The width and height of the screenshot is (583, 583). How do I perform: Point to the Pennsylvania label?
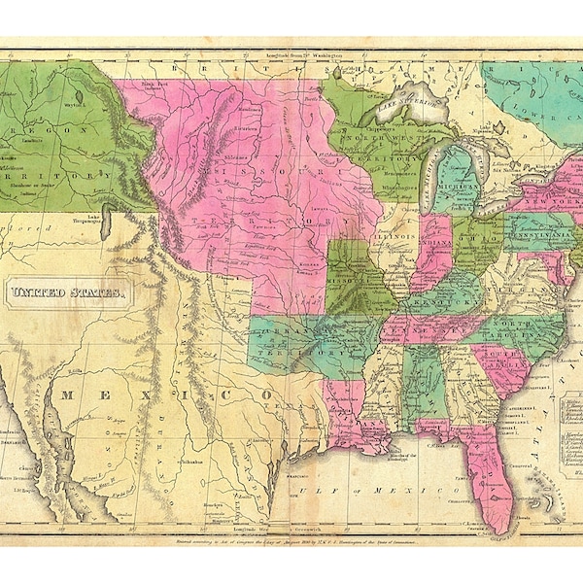point(537,234)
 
